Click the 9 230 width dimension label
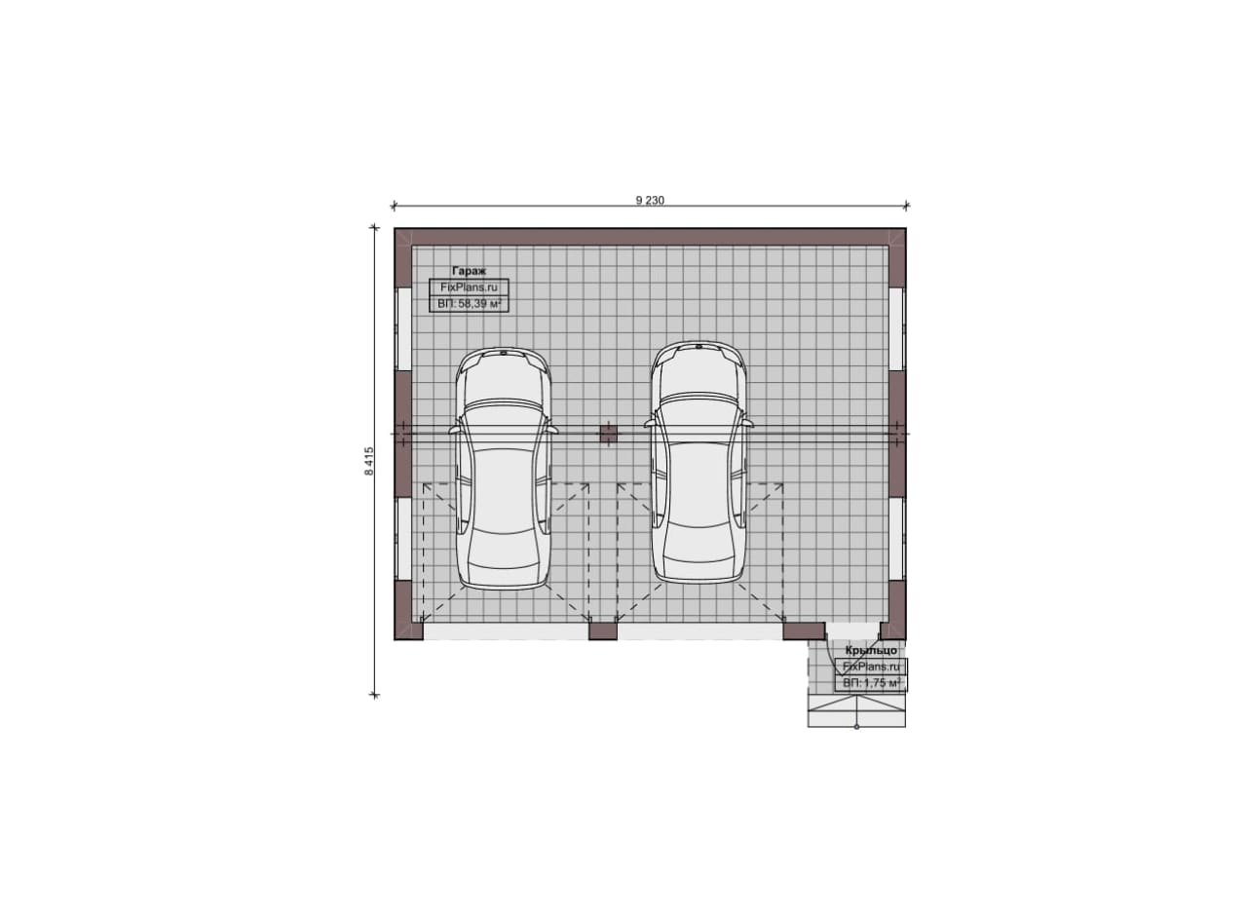coord(650,201)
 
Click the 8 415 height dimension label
coord(369,461)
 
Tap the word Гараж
coord(469,271)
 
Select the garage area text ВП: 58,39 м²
coord(469,303)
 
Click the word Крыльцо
coord(871,650)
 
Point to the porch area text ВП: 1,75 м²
coord(871,683)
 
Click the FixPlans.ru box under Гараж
coord(469,287)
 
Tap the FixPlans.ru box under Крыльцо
coord(871,667)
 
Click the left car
coord(504,469)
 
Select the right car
coord(699,463)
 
